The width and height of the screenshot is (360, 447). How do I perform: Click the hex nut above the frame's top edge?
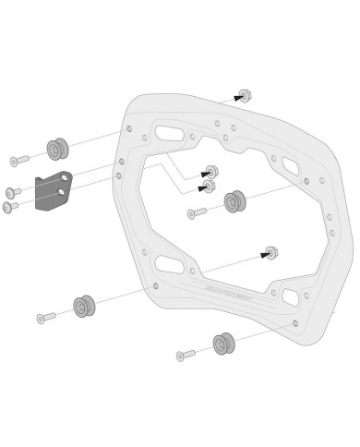[x=245, y=95]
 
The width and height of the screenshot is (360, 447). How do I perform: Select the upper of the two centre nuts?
[x=211, y=172]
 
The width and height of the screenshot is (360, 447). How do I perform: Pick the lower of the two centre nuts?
[x=210, y=187]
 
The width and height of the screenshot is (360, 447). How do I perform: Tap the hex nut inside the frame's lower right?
[x=271, y=252]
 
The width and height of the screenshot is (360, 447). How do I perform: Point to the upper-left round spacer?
[x=57, y=149]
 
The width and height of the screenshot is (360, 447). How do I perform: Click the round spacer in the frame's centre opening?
[x=234, y=201]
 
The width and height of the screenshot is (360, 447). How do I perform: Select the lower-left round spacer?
[x=84, y=307]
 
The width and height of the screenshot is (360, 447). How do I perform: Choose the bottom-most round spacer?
[x=223, y=344]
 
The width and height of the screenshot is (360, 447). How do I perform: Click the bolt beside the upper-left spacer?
[x=19, y=161]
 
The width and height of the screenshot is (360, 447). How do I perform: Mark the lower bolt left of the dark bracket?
[x=11, y=207]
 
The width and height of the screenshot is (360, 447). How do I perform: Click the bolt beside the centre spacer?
[x=198, y=212]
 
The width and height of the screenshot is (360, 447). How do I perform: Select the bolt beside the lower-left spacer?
[x=46, y=318]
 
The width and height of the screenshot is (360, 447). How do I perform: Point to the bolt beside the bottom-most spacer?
[x=186, y=355]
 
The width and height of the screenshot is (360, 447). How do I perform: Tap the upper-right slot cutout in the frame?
[x=290, y=167]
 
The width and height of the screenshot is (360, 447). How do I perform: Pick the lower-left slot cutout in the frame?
[x=169, y=265]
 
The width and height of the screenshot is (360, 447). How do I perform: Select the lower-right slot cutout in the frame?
[x=290, y=297]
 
